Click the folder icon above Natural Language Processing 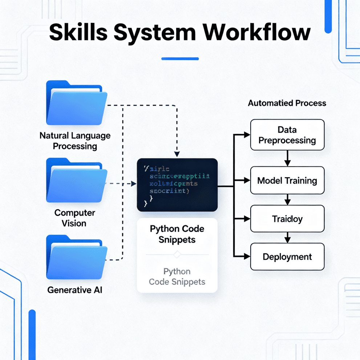(x=77, y=104)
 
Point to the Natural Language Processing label (x=75, y=141)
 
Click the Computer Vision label (x=74, y=218)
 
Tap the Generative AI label (x=74, y=290)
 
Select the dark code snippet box (x=177, y=185)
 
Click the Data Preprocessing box (x=287, y=135)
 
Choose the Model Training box (x=287, y=180)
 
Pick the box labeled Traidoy (x=287, y=219)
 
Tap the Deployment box (x=287, y=257)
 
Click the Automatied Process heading (x=287, y=103)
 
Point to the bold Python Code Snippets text (x=177, y=234)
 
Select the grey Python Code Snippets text (x=177, y=276)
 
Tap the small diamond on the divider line (x=177, y=255)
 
